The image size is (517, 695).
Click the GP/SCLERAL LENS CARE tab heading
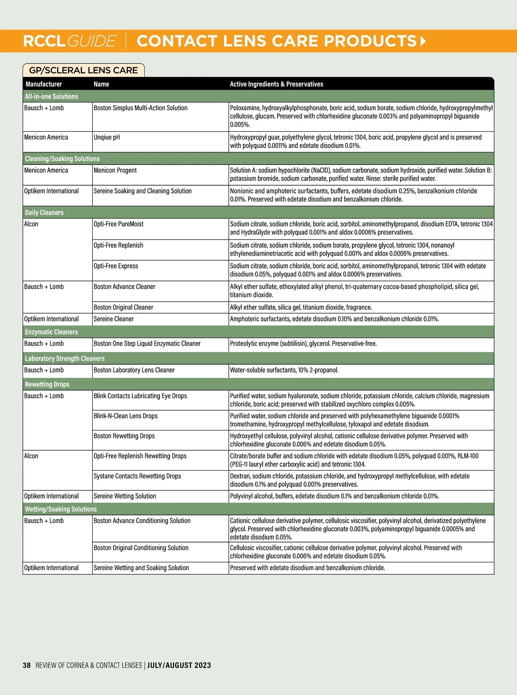pyautogui.click(x=83, y=70)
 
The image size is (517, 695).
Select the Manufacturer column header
pyautogui.click(x=44, y=84)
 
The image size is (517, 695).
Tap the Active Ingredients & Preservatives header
pyautogui.click(x=276, y=84)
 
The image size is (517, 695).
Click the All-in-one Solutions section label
pyautogui.click(x=51, y=97)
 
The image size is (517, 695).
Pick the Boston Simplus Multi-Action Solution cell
pyautogui.click(x=140, y=108)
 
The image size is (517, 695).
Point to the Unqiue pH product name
pyautogui.click(x=107, y=137)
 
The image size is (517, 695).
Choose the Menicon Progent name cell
pyautogui.click(x=115, y=171)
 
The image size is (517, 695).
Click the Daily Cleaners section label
pyautogui.click(x=44, y=212)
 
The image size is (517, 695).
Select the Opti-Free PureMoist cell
pyautogui.click(x=118, y=224)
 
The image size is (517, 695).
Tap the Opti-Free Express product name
pyautogui.click(x=116, y=266)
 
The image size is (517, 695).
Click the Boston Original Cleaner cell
pyautogui.click(x=123, y=307)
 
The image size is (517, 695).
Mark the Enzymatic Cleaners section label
pyautogui.click(x=51, y=332)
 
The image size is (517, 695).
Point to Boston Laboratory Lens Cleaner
pyautogui.click(x=134, y=370)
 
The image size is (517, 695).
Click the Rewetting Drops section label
pyautogui.click(x=47, y=384)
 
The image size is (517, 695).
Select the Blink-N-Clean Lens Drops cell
pyautogui.click(x=125, y=416)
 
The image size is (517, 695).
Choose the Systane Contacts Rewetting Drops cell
pyautogui.click(x=137, y=476)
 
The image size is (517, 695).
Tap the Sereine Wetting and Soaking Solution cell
pyautogui.click(x=141, y=568)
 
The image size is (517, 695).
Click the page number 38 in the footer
pyautogui.click(x=27, y=665)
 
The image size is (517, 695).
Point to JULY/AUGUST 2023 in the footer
pyautogui.click(x=179, y=665)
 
